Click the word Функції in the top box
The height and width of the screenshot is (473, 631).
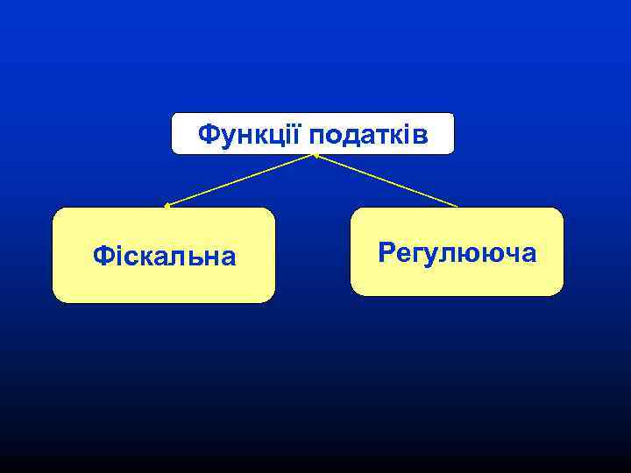tap(251, 134)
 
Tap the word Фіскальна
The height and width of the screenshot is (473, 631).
tap(164, 256)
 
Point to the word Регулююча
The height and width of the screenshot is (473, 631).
tap(457, 253)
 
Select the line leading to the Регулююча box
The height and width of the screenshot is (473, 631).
tap(386, 180)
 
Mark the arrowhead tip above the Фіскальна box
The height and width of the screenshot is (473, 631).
tap(167, 206)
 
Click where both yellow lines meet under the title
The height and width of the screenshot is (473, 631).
tap(314, 155)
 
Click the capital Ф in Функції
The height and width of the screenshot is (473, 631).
tap(209, 134)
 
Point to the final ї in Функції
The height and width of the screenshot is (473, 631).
tap(298, 134)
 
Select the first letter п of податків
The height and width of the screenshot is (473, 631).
tap(315, 136)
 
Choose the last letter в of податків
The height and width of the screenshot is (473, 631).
tap(421, 136)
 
